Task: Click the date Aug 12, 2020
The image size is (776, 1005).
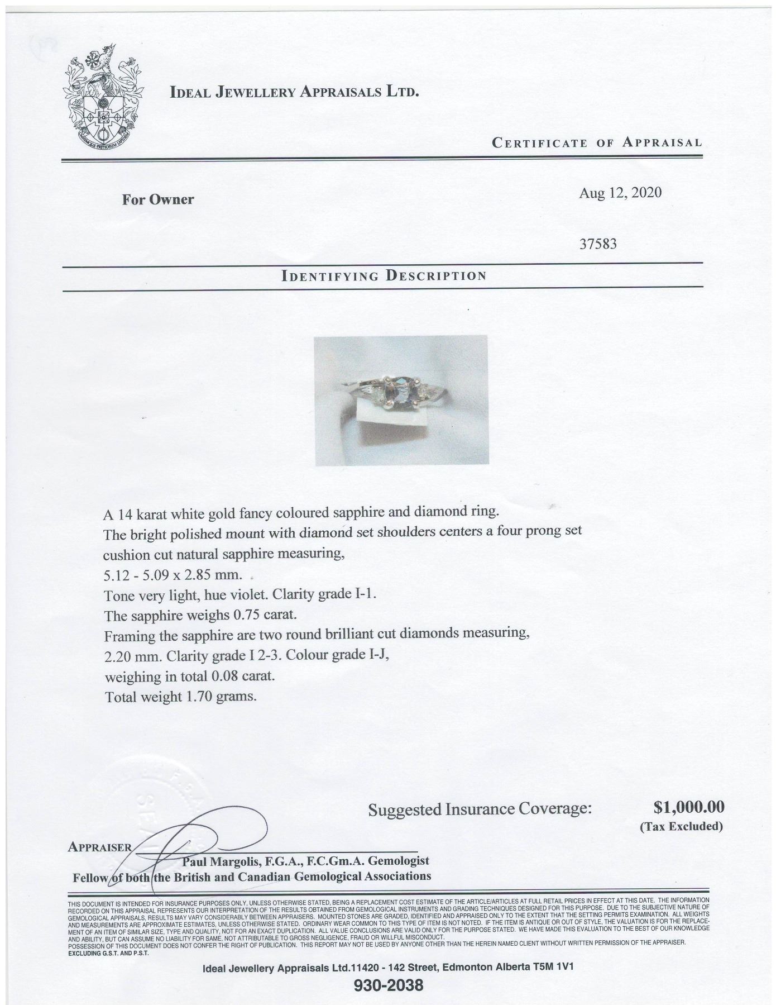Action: (x=620, y=193)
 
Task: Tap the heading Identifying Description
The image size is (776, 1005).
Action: (x=384, y=275)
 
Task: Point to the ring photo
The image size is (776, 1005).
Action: (x=401, y=400)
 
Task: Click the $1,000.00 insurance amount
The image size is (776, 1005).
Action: (x=688, y=807)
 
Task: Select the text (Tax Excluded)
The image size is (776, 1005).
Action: (x=681, y=826)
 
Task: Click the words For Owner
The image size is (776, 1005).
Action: (x=158, y=199)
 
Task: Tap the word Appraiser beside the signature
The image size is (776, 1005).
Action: (x=99, y=847)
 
